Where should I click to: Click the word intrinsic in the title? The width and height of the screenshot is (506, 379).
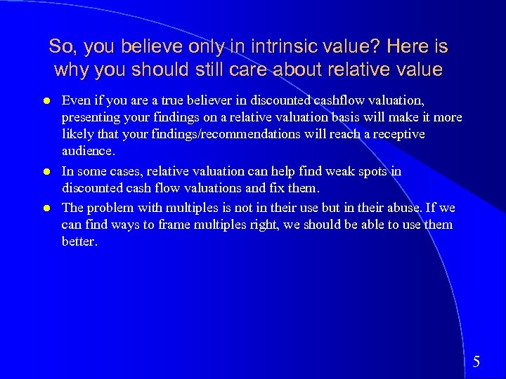pos(268,47)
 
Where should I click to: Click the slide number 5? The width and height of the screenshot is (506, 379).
pos(476,362)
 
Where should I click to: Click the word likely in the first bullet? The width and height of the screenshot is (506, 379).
pos(78,134)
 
